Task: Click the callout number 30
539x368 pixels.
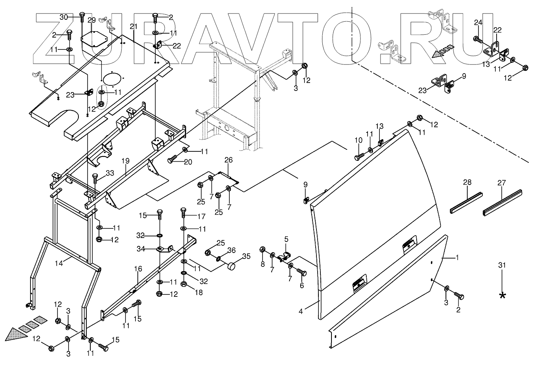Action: (x=64, y=17)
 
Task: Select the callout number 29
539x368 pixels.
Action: (x=91, y=20)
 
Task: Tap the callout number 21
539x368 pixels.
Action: (x=133, y=26)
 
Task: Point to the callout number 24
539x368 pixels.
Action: (x=478, y=23)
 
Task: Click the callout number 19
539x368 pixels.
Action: (x=126, y=161)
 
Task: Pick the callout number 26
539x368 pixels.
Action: (x=229, y=160)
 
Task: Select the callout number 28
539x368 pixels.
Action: (x=467, y=182)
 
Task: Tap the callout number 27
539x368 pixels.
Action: (x=502, y=183)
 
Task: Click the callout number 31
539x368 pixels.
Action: (x=502, y=265)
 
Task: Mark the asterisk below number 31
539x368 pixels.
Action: (x=502, y=296)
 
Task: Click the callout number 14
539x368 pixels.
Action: (x=59, y=263)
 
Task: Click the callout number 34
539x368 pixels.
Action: (x=141, y=249)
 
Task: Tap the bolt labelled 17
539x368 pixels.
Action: (x=183, y=212)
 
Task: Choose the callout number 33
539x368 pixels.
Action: (x=110, y=173)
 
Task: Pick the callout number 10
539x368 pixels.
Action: (x=358, y=140)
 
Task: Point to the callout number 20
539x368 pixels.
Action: (x=188, y=162)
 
